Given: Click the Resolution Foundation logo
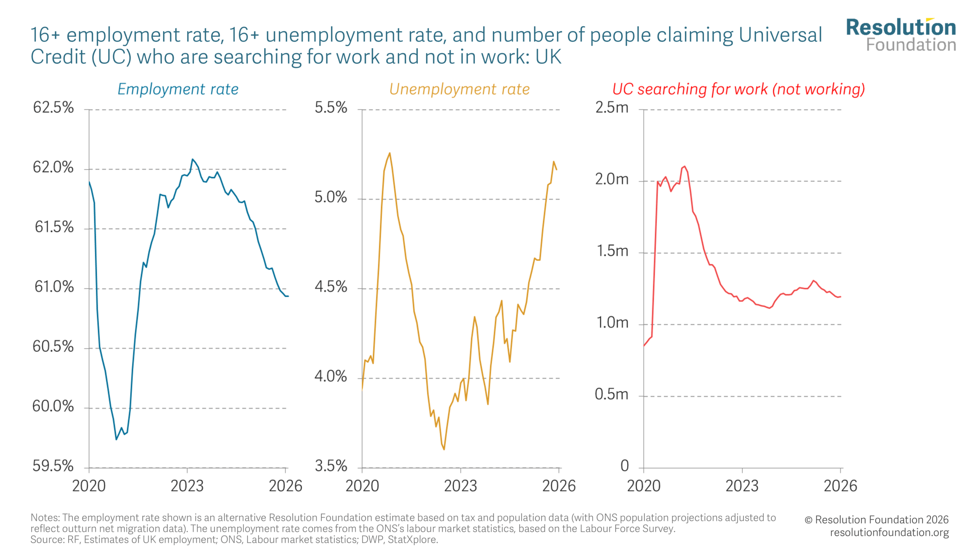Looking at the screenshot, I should (901, 35).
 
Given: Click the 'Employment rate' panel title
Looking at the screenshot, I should (178, 89).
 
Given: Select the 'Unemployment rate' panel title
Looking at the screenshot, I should (459, 89).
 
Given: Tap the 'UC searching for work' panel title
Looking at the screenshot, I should (738, 89).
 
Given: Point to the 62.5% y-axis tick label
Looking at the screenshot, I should (53, 108).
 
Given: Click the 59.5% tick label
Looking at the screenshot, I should (53, 466).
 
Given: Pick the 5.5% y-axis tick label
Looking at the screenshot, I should (331, 108).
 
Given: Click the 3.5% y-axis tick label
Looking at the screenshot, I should (331, 466).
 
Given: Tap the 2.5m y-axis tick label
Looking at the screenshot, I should (612, 108).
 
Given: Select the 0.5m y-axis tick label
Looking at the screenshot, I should (611, 394).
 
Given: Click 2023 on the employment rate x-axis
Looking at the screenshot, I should (187, 486).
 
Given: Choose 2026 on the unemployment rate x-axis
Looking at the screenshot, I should (559, 486).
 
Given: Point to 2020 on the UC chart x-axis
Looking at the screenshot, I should (644, 486).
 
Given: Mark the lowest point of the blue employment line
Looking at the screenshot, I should (117, 440).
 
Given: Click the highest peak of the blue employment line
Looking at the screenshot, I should (193, 159).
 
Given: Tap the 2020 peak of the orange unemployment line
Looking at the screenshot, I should (390, 153).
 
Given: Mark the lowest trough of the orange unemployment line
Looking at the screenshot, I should (444, 449).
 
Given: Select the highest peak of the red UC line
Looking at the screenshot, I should (684, 166).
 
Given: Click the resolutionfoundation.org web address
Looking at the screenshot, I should (889, 532).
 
